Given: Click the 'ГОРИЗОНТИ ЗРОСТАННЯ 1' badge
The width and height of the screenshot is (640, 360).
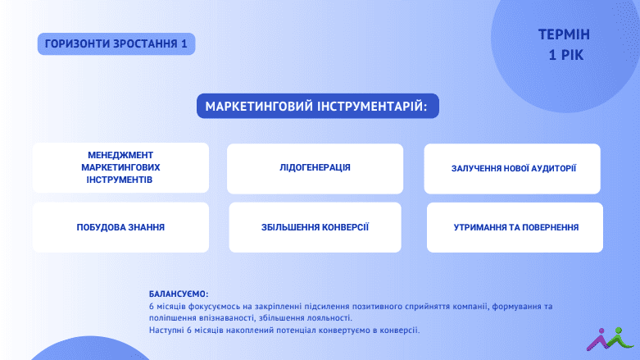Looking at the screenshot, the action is pos(116,43).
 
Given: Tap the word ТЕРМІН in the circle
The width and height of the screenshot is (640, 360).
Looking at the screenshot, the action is pos(564,34).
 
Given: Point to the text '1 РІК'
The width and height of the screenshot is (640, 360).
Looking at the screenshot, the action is pos(565,55).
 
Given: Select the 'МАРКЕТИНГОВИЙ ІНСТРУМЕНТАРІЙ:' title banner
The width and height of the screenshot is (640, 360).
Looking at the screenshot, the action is pos(318,107).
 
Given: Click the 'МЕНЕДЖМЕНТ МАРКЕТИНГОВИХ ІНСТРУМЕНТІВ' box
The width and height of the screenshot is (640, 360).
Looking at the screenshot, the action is pos(120,167).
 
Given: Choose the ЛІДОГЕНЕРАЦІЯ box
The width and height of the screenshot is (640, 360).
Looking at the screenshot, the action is pos(315,169).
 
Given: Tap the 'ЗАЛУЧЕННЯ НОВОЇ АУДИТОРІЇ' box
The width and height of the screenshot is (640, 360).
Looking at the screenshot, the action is pos(512,169).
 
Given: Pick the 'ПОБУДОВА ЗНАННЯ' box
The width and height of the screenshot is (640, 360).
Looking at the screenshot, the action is pos(120,227).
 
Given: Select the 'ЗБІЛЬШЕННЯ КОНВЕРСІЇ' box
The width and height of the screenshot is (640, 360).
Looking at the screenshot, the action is pos(315,227).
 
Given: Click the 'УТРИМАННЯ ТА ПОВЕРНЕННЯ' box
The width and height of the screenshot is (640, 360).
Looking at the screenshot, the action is pos(515,227).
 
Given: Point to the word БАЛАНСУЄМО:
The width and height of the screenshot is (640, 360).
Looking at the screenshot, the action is pos(179,294).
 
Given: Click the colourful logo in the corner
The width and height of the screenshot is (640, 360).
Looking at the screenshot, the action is pos(610,339).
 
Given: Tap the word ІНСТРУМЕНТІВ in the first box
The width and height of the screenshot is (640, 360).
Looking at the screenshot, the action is pos(119,180).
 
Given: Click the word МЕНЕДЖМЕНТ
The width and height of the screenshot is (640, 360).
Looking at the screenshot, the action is pos(120,155).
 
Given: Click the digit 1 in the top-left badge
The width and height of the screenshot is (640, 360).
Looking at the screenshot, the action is pos(184,43).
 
